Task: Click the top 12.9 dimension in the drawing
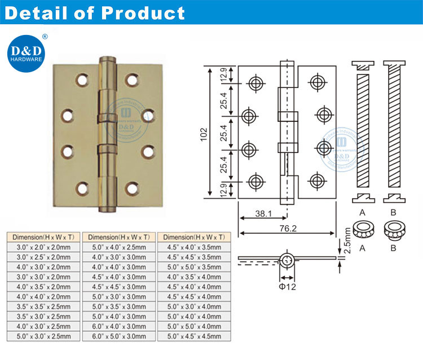point(223,74)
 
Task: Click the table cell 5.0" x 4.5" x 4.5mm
point(195,336)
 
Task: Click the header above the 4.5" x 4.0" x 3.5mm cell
point(195,237)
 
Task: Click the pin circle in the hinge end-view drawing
point(287,260)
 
